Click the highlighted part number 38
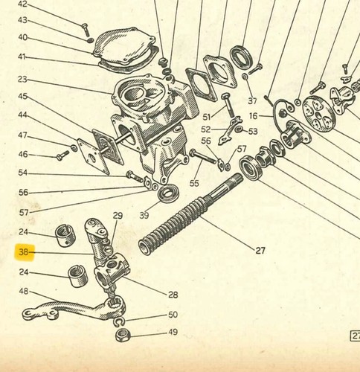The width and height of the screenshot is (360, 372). [x=24, y=252]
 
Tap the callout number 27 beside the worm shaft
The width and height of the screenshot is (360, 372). [x=260, y=251]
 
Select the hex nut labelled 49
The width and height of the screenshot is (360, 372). [x=123, y=336]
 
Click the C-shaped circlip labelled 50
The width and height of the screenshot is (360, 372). [x=118, y=322]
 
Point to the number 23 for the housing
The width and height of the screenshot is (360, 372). [x=22, y=80]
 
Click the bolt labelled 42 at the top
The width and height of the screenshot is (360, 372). [x=86, y=30]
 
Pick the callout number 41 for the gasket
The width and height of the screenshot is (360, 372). [x=22, y=57]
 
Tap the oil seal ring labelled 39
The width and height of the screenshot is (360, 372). [x=169, y=193]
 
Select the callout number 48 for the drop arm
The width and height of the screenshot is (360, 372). [x=24, y=291]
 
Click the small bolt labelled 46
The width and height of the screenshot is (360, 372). [x=62, y=155]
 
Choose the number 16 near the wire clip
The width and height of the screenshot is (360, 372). [x=254, y=116]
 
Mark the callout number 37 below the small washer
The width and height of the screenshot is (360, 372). [x=252, y=101]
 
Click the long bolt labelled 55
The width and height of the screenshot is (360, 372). [x=202, y=156]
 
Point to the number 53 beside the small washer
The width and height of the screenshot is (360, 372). [x=253, y=132]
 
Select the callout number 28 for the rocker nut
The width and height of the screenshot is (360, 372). [x=173, y=295]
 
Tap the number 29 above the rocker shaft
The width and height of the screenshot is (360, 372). [x=118, y=216]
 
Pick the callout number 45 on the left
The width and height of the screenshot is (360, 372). [x=22, y=96]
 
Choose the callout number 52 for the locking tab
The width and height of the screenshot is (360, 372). [x=206, y=129]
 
